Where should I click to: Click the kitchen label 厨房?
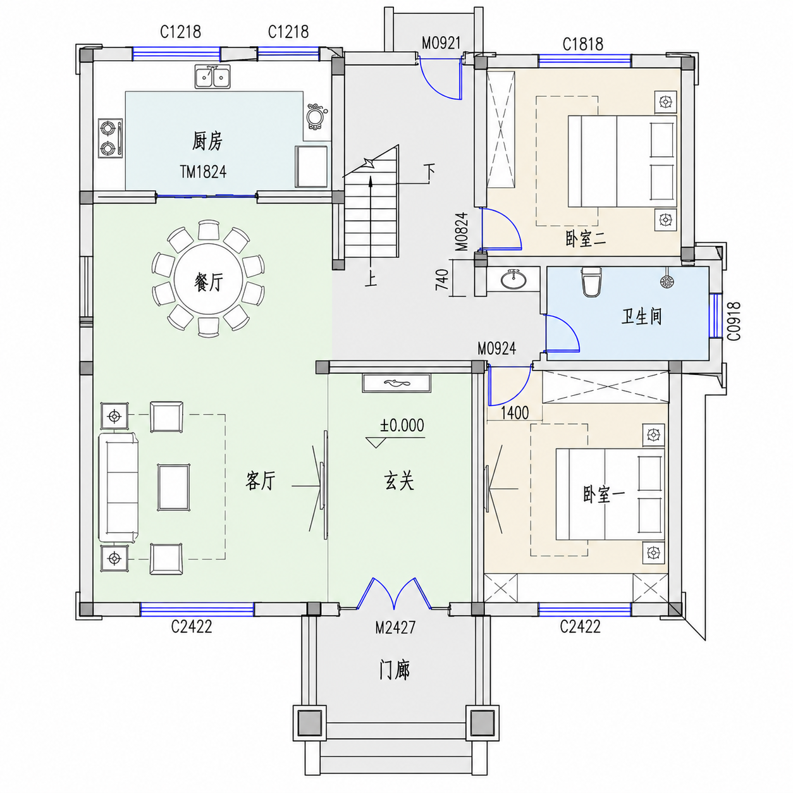coord(207,141)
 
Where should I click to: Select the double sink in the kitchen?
coord(212,77)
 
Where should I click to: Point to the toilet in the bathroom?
coord(591,281)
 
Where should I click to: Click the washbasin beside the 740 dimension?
coord(513,279)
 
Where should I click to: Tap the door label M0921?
coord(441,43)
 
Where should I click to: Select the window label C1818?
coord(582,44)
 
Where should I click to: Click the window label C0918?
coord(734,321)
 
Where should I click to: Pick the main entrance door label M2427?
coord(395,627)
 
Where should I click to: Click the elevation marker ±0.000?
coord(402,426)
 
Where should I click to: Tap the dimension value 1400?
coord(514,413)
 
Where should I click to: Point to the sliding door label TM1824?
coord(203,171)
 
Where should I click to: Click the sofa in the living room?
coord(118,487)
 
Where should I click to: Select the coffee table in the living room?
coord(174,487)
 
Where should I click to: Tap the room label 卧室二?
coord(585,238)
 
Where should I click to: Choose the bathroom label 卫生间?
coord(641,317)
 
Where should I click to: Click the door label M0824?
coord(462,231)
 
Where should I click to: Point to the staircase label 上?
coord(371,279)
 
